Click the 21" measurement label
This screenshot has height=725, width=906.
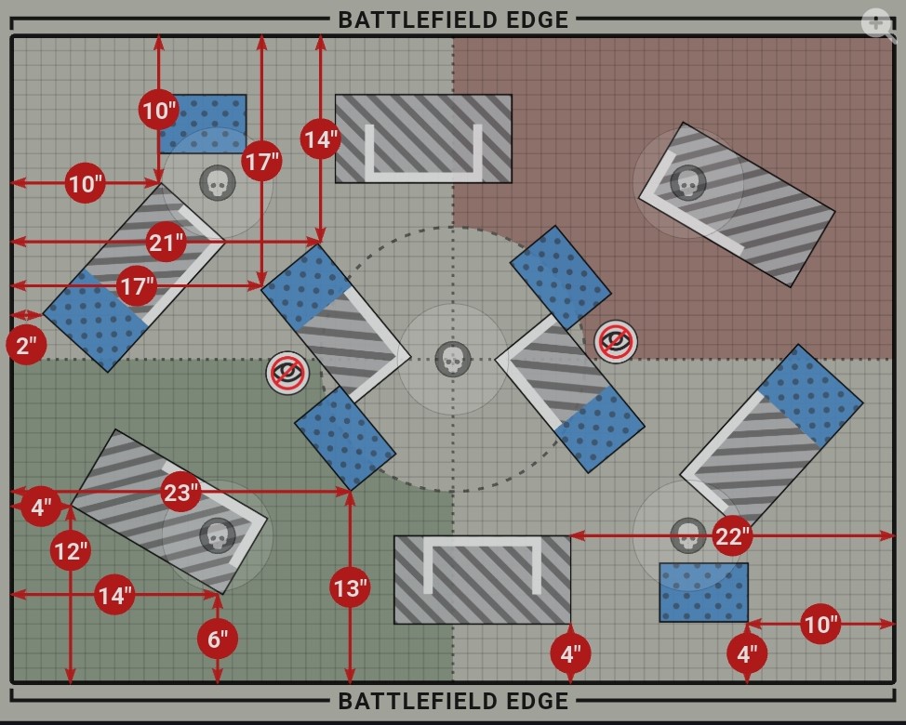[167, 243]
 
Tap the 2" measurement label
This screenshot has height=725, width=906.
[26, 345]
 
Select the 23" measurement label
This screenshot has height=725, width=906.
[180, 492]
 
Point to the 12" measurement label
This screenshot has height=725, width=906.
[71, 551]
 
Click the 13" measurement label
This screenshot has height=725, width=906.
[350, 587]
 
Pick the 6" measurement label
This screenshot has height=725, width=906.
[218, 639]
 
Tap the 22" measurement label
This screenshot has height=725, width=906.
[732, 535]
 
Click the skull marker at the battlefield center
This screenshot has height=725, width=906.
[453, 359]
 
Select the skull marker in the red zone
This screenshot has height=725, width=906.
[687, 182]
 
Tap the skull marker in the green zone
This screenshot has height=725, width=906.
[218, 535]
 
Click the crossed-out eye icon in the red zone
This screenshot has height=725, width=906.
[615, 341]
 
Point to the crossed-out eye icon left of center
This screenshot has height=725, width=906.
[287, 373]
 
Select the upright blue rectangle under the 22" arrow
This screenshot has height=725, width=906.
[703, 592]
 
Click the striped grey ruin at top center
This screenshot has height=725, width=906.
[423, 138]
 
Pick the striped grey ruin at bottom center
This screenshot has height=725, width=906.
[482, 579]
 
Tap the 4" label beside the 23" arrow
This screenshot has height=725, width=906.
[41, 507]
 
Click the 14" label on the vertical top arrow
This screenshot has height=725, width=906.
[320, 139]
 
